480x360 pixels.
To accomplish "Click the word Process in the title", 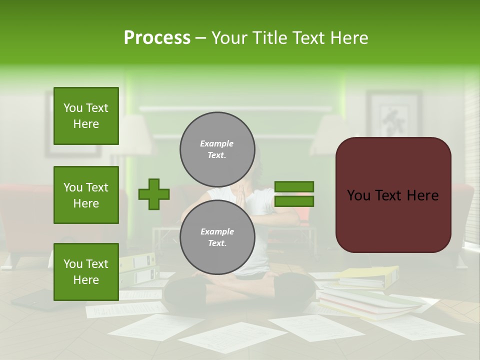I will (x=157, y=38).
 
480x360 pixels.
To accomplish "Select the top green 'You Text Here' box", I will (x=86, y=116).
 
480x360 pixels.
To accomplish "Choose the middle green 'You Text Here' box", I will (x=86, y=195).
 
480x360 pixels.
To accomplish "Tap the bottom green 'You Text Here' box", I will (x=86, y=272).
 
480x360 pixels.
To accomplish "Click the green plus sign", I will (x=153, y=194).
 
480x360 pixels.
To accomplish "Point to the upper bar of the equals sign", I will (x=294, y=186).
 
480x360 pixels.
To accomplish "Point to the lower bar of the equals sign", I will (x=294, y=201).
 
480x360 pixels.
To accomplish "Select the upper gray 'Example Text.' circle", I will (x=217, y=149).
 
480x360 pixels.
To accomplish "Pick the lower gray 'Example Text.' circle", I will (x=217, y=237).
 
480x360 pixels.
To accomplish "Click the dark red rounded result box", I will (x=393, y=195).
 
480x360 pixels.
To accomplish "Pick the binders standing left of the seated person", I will (x=138, y=270).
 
